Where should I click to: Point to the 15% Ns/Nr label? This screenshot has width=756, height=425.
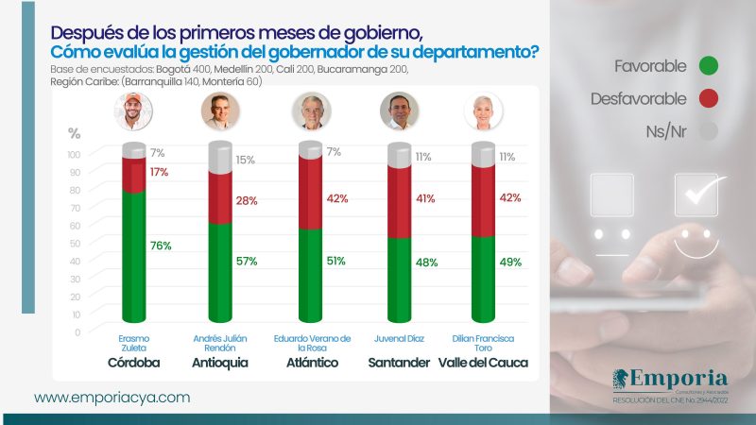tap(247, 160)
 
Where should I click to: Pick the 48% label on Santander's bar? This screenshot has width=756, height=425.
tap(426, 263)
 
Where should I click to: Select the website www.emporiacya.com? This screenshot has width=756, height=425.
tap(112, 398)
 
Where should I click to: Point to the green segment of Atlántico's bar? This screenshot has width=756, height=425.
tap(309, 279)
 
